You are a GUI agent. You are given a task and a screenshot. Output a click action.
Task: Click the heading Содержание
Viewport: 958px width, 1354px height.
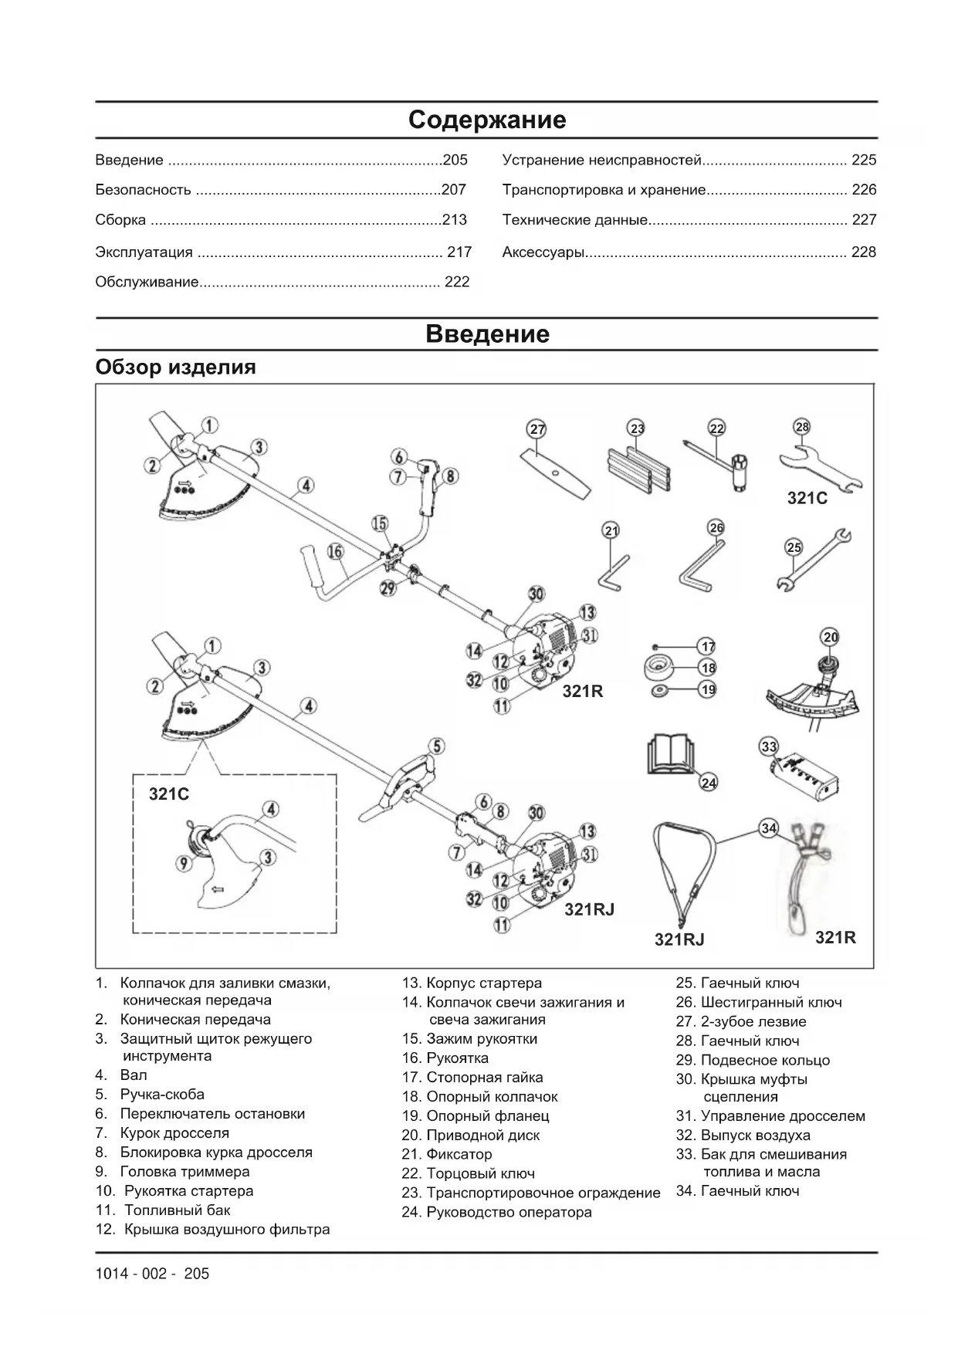click(x=486, y=120)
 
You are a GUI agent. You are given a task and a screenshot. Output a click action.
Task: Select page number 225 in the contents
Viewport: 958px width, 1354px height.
click(x=864, y=161)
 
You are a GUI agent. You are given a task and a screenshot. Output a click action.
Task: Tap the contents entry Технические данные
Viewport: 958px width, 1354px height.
click(x=574, y=220)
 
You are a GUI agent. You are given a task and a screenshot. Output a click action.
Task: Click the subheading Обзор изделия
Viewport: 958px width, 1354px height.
click(x=175, y=367)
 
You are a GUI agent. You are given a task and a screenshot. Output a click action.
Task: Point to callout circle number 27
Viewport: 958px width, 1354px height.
click(x=537, y=429)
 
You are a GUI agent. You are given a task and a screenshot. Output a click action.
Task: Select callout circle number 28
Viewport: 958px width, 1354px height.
click(x=802, y=427)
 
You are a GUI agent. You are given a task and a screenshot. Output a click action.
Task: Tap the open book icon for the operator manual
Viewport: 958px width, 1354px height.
click(x=671, y=754)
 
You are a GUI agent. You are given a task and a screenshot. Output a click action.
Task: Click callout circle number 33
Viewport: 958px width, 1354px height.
click(x=769, y=746)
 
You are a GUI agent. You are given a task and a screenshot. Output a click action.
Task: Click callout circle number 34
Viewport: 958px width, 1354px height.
click(x=769, y=828)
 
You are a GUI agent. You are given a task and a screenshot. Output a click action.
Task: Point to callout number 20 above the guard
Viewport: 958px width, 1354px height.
click(x=831, y=637)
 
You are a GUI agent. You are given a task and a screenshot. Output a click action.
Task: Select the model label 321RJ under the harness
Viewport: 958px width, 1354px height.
click(x=679, y=939)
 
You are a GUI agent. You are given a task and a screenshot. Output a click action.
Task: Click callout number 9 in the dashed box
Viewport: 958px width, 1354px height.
click(x=184, y=863)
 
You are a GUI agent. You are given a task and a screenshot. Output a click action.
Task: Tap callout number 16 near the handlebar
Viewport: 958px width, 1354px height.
click(x=334, y=552)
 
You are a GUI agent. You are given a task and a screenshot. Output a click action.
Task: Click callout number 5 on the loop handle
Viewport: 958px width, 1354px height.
click(x=437, y=746)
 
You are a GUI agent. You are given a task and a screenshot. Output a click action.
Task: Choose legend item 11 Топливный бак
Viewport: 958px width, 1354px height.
click(x=177, y=1210)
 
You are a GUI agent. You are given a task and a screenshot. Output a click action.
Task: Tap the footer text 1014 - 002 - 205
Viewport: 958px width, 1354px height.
click(x=152, y=1274)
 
